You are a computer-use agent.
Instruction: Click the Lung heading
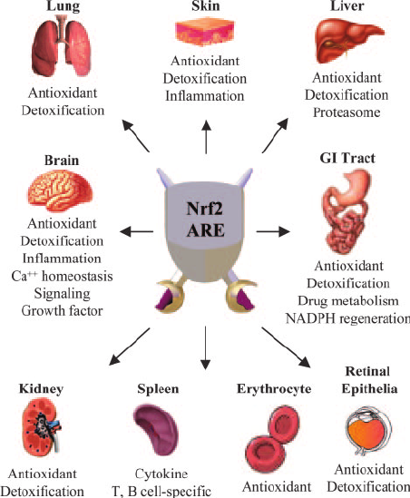tap(63, 5)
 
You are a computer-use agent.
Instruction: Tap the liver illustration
tap(348, 40)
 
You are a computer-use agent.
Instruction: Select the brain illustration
tap(61, 190)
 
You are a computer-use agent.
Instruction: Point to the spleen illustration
tap(156, 430)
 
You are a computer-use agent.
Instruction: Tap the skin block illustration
tap(205, 32)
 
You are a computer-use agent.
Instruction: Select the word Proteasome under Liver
tap(347, 112)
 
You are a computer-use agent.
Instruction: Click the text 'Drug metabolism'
tap(348, 301)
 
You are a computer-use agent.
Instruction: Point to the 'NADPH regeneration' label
tap(347, 318)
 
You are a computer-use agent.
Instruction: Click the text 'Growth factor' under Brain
tap(62, 310)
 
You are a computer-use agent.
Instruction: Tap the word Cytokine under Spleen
tap(161, 474)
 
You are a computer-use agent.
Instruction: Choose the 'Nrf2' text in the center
tap(204, 209)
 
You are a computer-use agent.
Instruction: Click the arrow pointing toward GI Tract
tap(273, 231)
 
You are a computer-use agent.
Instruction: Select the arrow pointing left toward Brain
tap(137, 231)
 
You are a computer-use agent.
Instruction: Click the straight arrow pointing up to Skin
tap(206, 137)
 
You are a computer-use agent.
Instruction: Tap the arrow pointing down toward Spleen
tap(206, 347)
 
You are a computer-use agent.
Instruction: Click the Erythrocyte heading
tap(274, 389)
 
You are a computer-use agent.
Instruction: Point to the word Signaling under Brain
tap(63, 294)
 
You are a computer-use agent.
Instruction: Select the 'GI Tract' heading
tap(347, 158)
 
